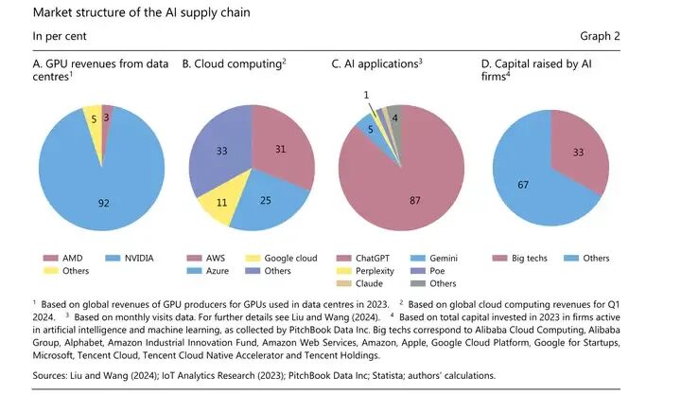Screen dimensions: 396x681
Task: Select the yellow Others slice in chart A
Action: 93,117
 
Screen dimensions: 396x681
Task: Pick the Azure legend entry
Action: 214,272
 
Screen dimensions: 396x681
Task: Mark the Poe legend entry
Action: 437,272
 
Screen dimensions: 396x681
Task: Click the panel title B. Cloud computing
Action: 234,64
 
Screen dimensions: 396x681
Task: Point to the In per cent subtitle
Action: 61,36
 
